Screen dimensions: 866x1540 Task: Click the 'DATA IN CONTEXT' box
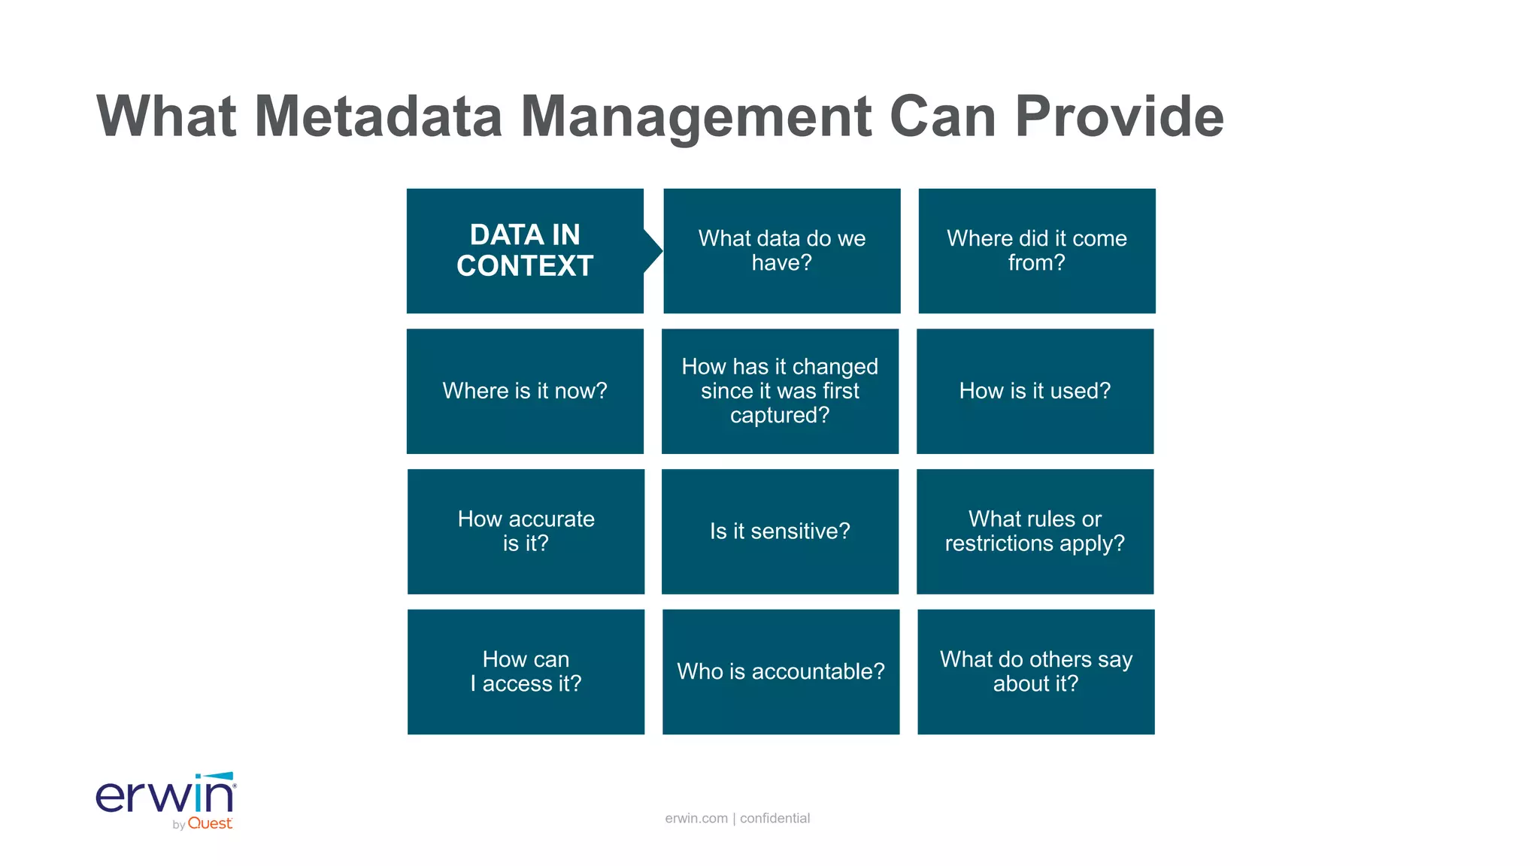525,250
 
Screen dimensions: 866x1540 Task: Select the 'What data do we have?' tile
781,250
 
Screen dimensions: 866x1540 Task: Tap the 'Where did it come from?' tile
1036,250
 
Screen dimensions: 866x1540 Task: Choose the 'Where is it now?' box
525,391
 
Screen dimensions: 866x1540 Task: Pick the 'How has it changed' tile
780,391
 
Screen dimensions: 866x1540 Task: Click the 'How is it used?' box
1035,391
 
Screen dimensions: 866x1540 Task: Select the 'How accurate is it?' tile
526,531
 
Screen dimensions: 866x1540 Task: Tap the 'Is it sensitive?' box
780,531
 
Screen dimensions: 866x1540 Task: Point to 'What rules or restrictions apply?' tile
1035,531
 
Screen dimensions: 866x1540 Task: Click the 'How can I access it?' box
526,671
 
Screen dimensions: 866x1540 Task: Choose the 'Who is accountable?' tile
781,671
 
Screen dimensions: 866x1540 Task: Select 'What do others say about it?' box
1035,671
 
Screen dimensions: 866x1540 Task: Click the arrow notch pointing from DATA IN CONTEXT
653,250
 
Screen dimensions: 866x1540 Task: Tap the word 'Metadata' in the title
378,117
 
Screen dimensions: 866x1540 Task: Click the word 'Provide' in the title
1119,117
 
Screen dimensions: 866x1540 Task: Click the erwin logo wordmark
165,795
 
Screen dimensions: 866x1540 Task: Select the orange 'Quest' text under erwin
210,824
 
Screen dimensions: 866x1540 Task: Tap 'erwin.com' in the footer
696,818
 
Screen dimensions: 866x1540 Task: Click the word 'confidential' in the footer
775,818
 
